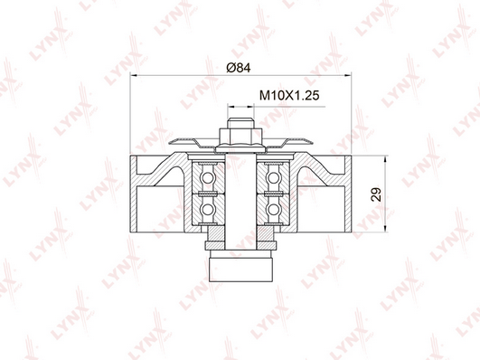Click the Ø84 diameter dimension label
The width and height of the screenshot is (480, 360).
point(239,68)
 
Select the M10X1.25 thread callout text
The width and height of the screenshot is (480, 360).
point(289,96)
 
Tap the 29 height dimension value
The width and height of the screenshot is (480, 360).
point(376,194)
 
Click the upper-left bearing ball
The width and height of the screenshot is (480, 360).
point(208,177)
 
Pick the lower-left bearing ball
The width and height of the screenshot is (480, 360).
point(208,210)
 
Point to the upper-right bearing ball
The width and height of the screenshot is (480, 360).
point(273,177)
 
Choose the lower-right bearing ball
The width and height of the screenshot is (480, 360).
point(273,210)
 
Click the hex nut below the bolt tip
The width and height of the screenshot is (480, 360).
point(240,137)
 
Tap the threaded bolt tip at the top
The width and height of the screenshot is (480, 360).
point(240,123)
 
